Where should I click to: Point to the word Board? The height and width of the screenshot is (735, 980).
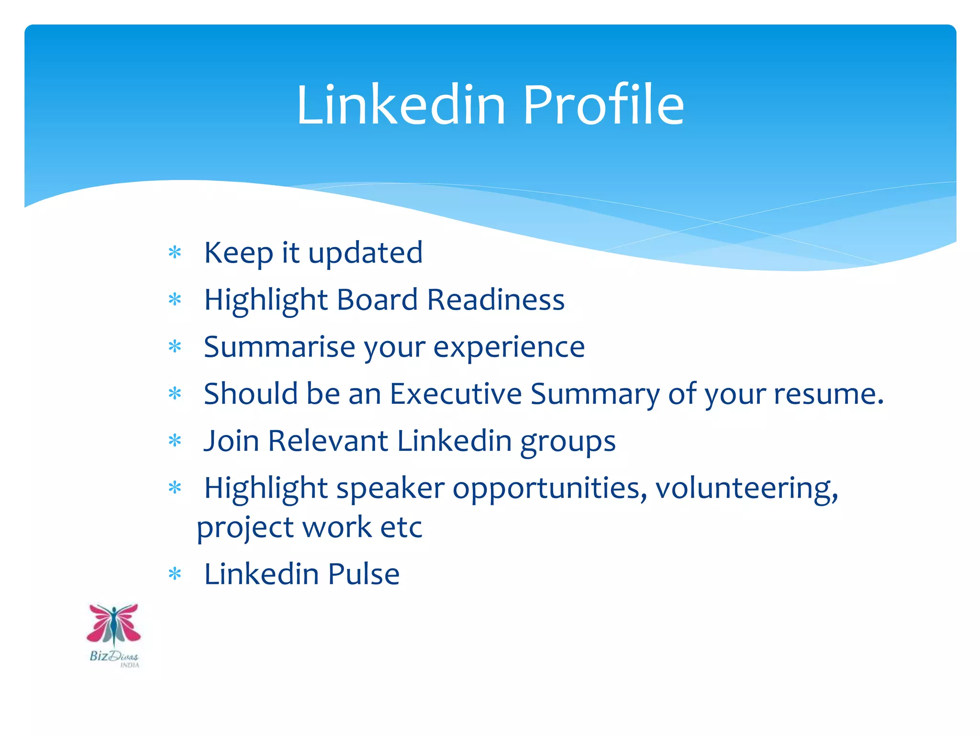coord(378,300)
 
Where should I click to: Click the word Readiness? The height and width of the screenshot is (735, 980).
coord(496,300)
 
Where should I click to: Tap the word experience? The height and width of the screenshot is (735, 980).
coord(509,347)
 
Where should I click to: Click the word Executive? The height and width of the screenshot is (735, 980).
coord(456,394)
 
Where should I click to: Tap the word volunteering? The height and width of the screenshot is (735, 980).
coord(746,489)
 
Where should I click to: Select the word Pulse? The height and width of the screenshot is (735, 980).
coord(364,574)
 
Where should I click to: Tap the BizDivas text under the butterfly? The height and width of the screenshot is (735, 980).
coord(114,656)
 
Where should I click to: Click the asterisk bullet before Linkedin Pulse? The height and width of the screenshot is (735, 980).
coord(175,573)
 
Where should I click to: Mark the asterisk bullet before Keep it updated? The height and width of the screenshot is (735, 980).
coord(175,252)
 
